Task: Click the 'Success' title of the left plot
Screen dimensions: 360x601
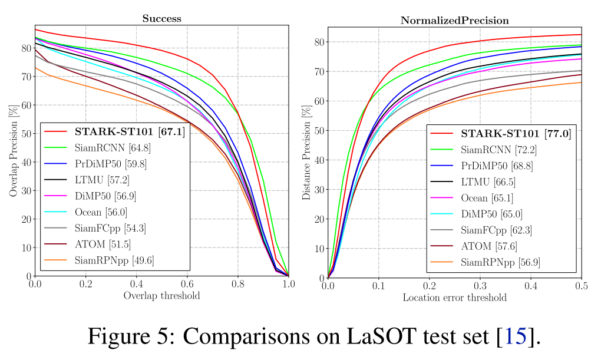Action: [x=161, y=19]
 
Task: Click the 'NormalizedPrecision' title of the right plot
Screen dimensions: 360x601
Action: [x=454, y=20]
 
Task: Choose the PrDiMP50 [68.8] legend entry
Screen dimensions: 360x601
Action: [x=502, y=166]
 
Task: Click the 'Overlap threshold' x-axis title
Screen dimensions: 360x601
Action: [x=161, y=295]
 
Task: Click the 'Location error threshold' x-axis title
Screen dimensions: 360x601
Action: [x=454, y=298]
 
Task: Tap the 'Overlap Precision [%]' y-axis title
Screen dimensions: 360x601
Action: [x=13, y=150]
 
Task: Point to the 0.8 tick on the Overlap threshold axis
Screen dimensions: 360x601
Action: [x=237, y=283]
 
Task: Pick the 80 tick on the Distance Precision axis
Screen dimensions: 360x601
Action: [x=318, y=42]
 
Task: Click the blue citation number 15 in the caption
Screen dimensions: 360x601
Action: [x=514, y=336]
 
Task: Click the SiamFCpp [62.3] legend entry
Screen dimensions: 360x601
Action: [x=500, y=229]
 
